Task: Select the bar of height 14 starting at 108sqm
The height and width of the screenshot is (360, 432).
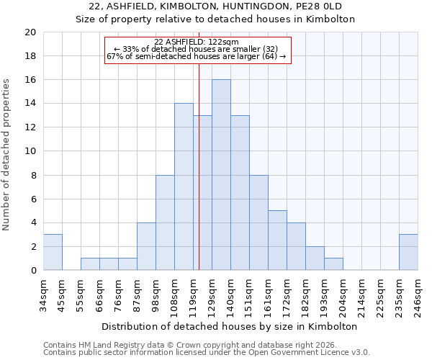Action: pyautogui.click(x=184, y=186)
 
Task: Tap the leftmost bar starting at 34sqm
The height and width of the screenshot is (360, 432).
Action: pyautogui.click(x=53, y=252)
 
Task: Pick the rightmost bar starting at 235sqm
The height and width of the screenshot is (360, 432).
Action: pyautogui.click(x=408, y=252)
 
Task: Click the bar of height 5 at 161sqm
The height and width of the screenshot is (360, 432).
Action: pyautogui.click(x=277, y=240)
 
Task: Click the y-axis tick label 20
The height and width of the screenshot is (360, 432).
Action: pyautogui.click(x=30, y=32)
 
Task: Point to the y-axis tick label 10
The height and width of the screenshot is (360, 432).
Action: pyautogui.click(x=30, y=151)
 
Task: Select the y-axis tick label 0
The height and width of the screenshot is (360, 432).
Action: pyautogui.click(x=32, y=271)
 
